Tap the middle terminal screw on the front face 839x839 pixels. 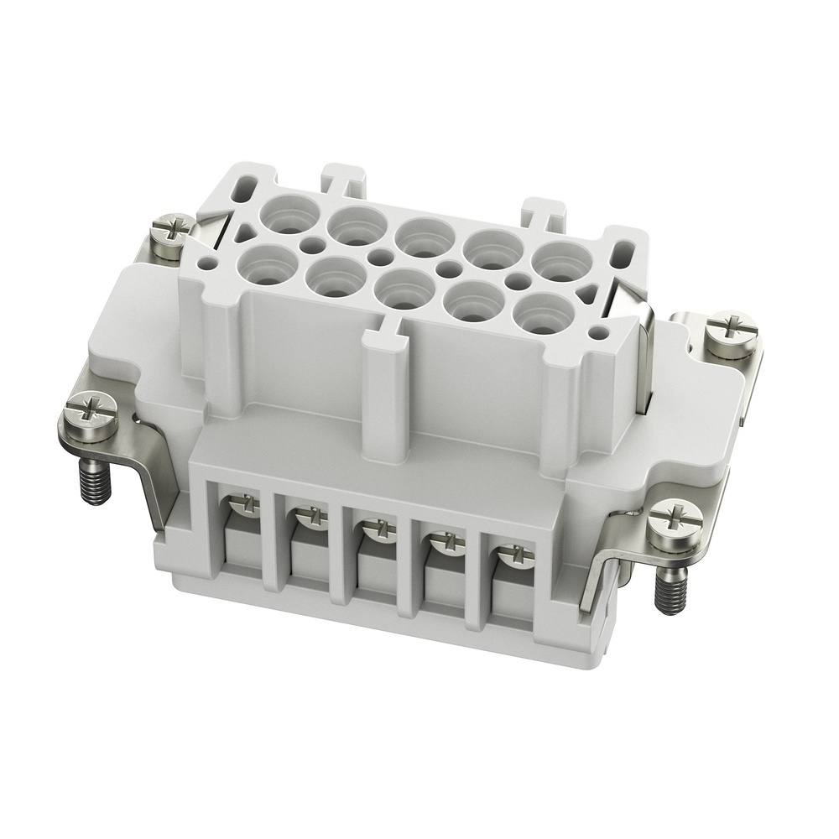(x=373, y=529)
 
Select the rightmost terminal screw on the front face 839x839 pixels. (x=509, y=555)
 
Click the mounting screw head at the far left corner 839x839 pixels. (x=86, y=411)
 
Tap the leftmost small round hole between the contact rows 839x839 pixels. (x=314, y=244)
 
